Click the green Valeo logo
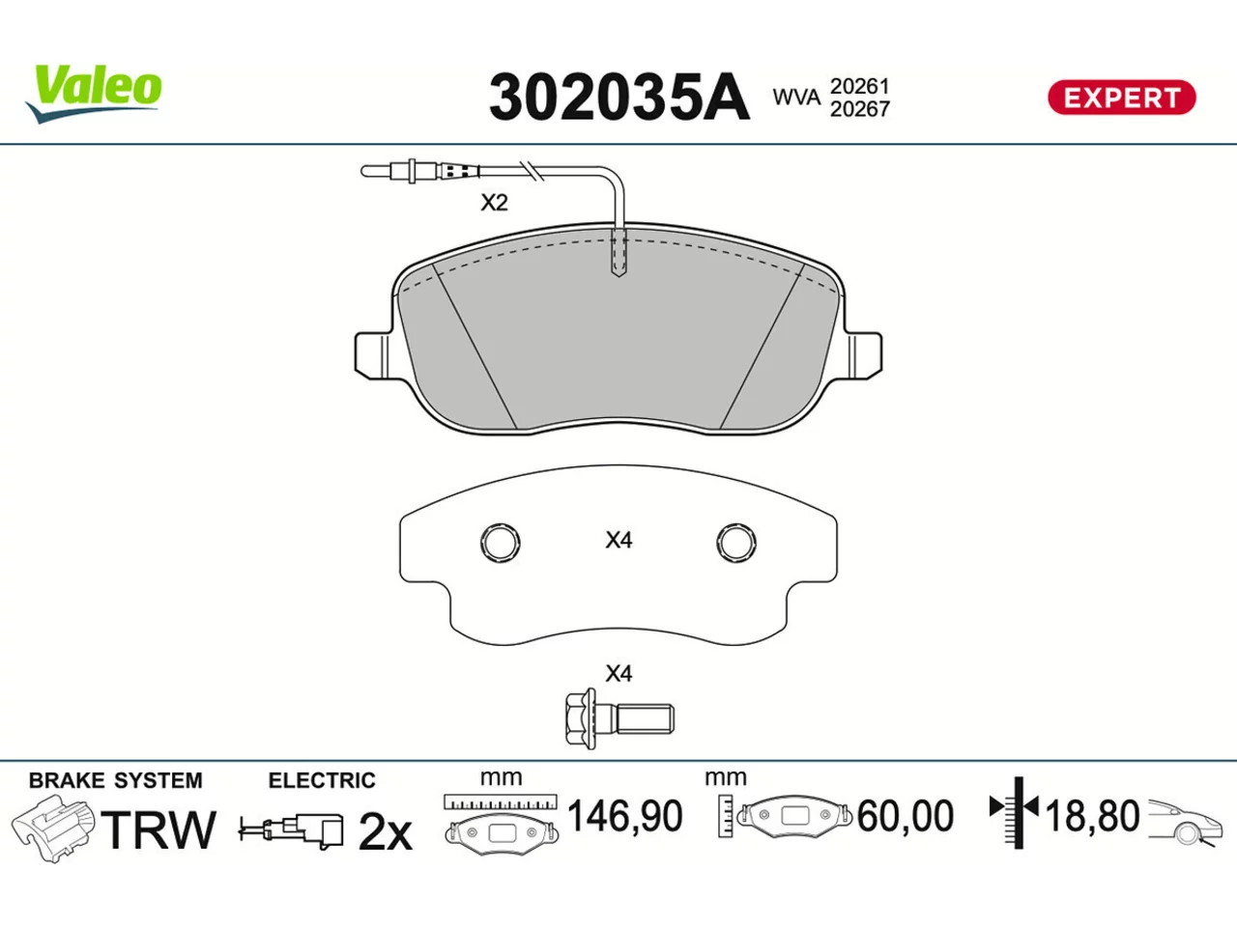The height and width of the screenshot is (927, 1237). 94,94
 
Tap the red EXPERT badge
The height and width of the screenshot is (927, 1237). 1121,98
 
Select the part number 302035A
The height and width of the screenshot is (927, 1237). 618,98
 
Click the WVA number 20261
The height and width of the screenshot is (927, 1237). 859,87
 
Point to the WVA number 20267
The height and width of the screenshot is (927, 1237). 859,109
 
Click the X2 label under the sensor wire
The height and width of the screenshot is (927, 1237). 494,203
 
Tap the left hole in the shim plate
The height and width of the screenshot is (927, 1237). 500,543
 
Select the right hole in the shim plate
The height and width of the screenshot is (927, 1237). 736,543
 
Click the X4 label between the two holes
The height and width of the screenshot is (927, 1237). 618,541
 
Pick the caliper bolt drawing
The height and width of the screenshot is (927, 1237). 618,718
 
